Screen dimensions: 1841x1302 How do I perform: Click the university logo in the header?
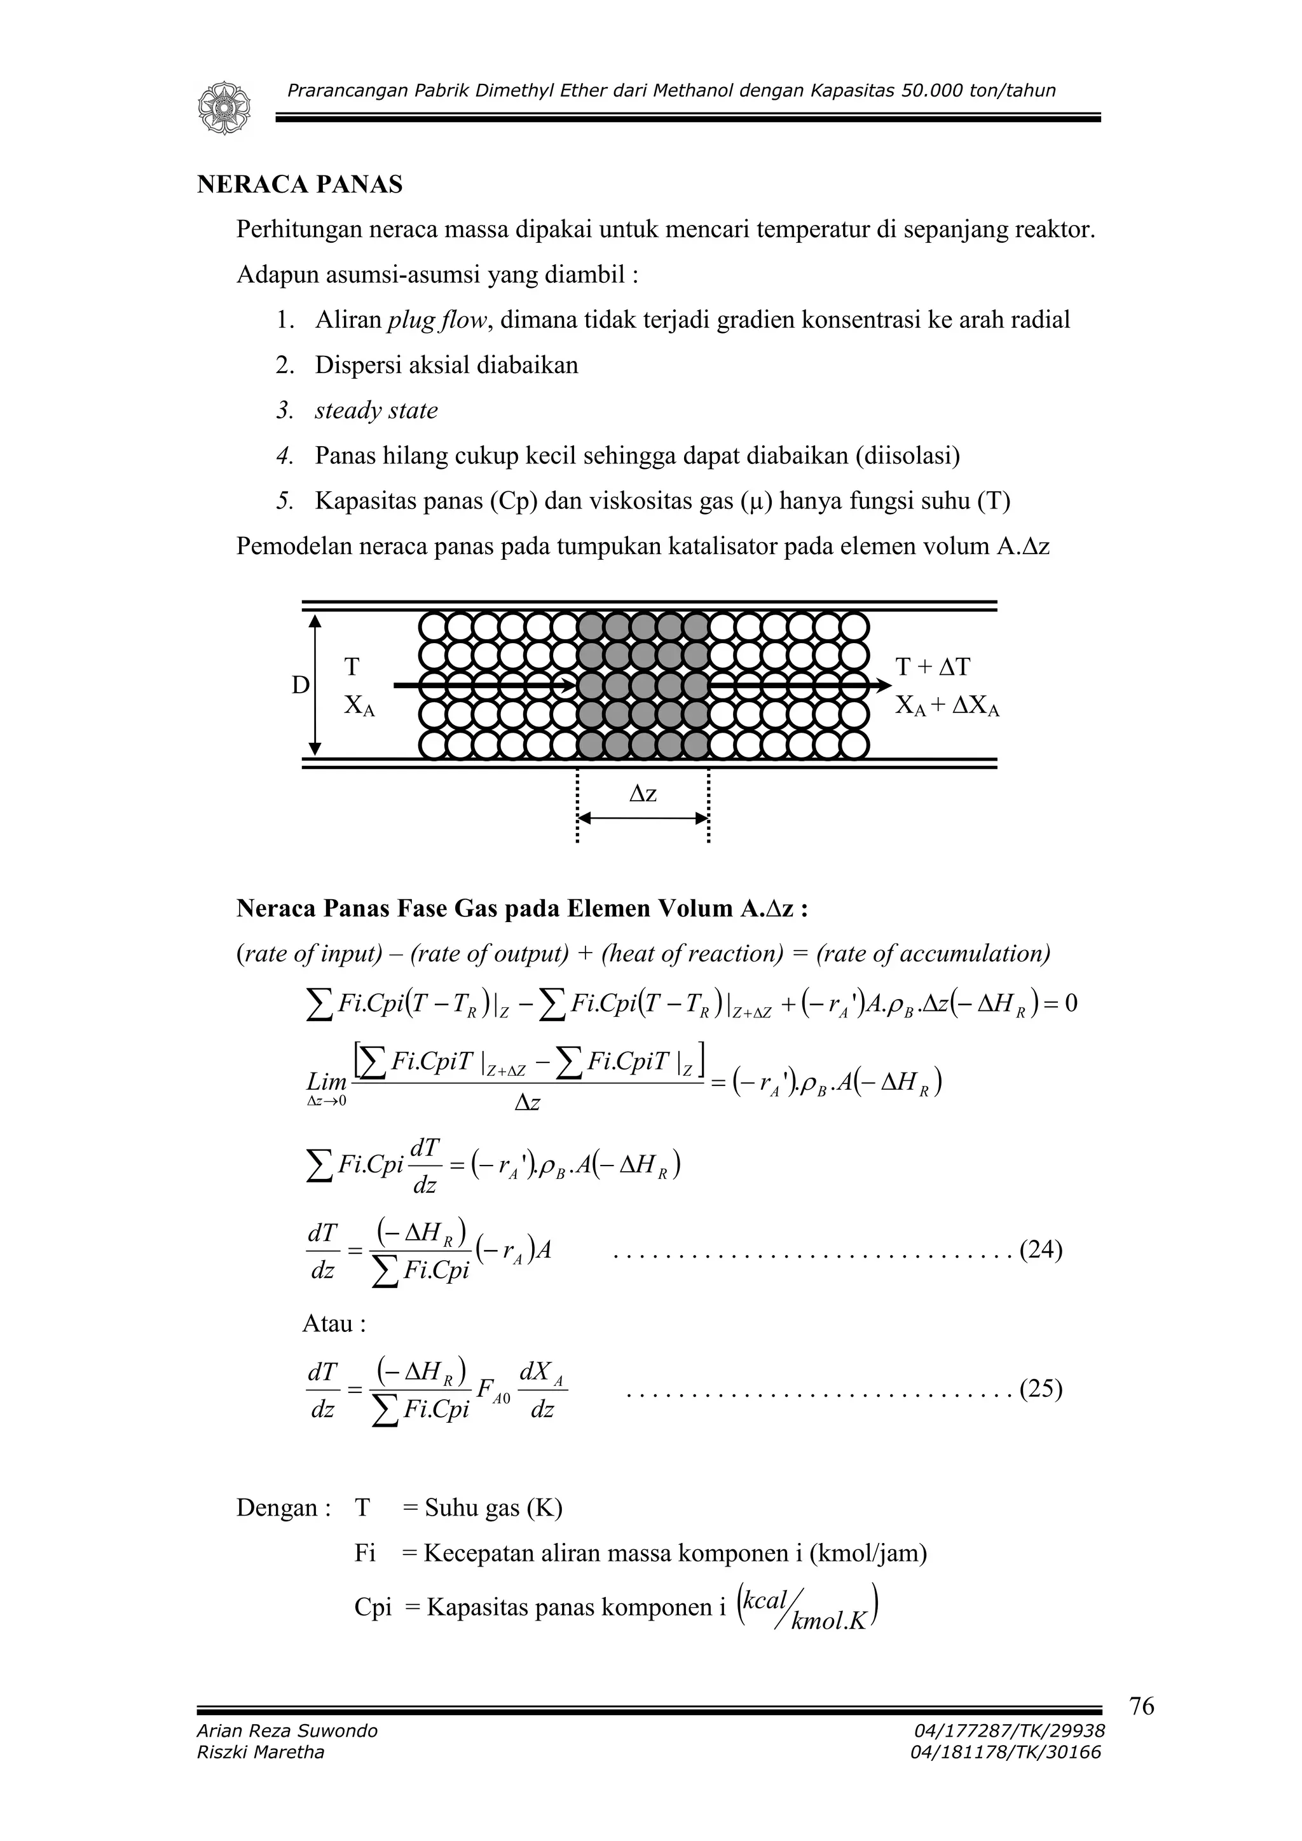224,107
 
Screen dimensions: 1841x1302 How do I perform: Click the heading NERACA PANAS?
299,184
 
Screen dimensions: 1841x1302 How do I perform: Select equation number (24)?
1041,1250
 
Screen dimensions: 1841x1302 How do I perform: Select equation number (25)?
1041,1388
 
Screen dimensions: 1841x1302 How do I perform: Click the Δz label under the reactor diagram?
643,793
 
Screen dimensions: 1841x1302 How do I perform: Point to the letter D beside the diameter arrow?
300,685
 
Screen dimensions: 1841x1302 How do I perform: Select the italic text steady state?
376,411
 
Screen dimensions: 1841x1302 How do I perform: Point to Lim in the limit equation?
327,1082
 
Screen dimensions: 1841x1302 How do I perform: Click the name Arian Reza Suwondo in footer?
286,1730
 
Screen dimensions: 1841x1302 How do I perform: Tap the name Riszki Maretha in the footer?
260,1752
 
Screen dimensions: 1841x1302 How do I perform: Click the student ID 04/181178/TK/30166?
1005,1752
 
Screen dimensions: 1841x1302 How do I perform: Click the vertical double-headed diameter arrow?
315,685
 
